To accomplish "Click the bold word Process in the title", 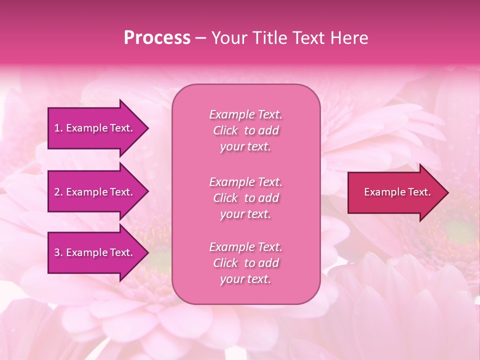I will pos(157,38).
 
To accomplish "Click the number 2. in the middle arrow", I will pos(58,192).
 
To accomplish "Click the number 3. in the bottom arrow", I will pos(58,252).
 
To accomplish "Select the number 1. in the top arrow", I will pos(58,128).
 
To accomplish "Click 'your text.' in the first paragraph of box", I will pos(245,147).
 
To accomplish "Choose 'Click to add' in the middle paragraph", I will pos(245,198).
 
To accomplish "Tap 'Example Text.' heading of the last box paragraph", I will pos(245,247).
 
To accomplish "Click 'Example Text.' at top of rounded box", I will pos(245,114).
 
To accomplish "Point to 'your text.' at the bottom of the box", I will pos(245,279).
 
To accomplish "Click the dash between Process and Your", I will pos(200,38).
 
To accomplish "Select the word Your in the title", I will pos(228,38).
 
